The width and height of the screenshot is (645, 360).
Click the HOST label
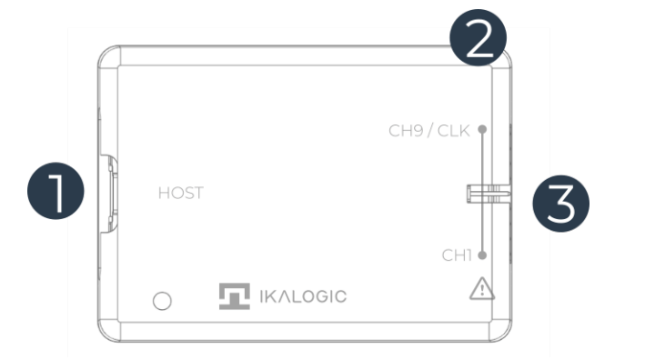pos(180,193)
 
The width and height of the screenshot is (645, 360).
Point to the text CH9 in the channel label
pos(407,130)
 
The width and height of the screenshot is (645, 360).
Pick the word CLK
pos(452,130)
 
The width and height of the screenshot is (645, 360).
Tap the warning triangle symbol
pos(479,290)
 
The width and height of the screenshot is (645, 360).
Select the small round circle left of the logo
pos(161,301)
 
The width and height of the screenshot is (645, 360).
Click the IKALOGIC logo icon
pos(234,296)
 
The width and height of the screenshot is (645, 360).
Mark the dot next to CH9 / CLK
pos(481,129)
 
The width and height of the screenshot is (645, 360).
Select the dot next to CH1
pos(481,255)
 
